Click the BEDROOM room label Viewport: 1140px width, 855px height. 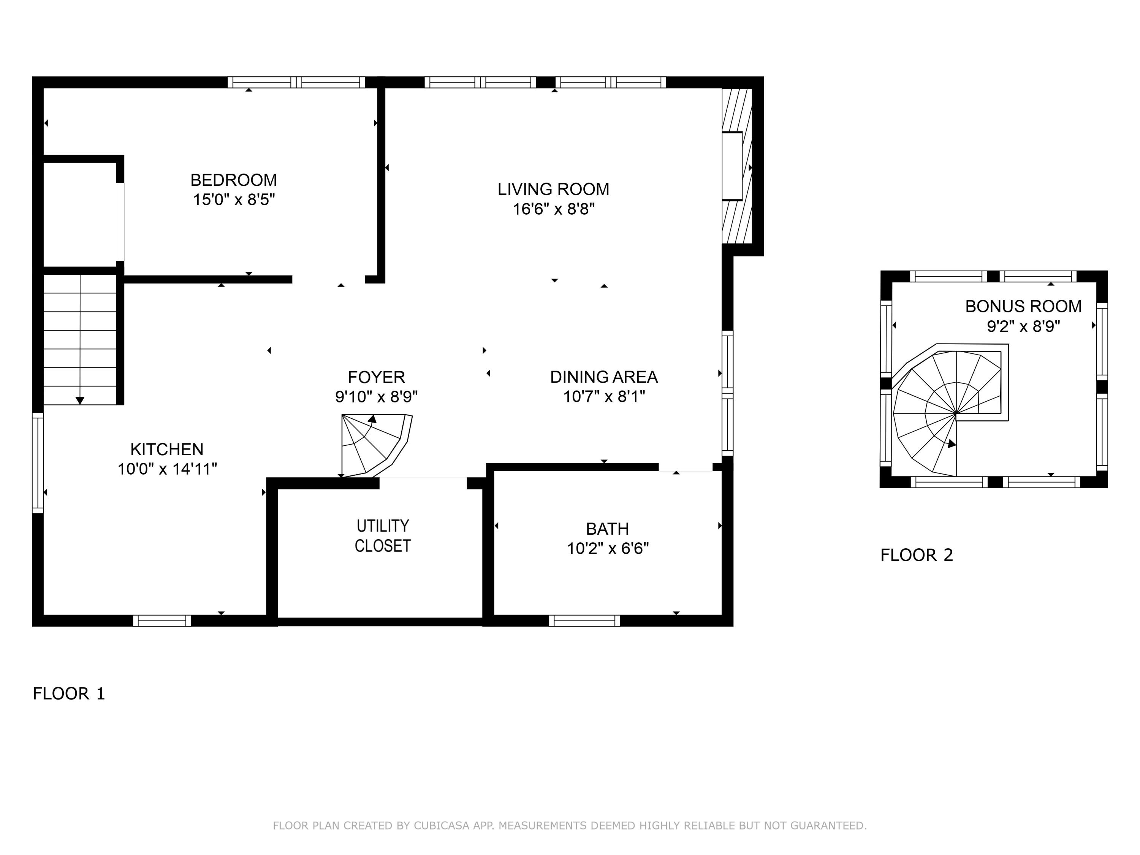(233, 180)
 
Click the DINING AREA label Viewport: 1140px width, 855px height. (603, 377)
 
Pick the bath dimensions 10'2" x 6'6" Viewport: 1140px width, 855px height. (608, 548)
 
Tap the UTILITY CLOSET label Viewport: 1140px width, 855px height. (382, 536)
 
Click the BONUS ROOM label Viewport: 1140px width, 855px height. (1023, 306)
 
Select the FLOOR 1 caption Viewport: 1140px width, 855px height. (68, 693)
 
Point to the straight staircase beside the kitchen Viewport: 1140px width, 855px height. (80, 340)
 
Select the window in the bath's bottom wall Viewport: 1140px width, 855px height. (584, 621)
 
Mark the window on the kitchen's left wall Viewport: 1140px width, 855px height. (38, 463)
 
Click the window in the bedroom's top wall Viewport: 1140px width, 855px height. (296, 82)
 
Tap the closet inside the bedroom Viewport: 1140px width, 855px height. (80, 214)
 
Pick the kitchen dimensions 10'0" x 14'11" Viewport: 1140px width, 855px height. (166, 469)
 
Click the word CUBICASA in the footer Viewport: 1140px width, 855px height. (441, 826)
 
